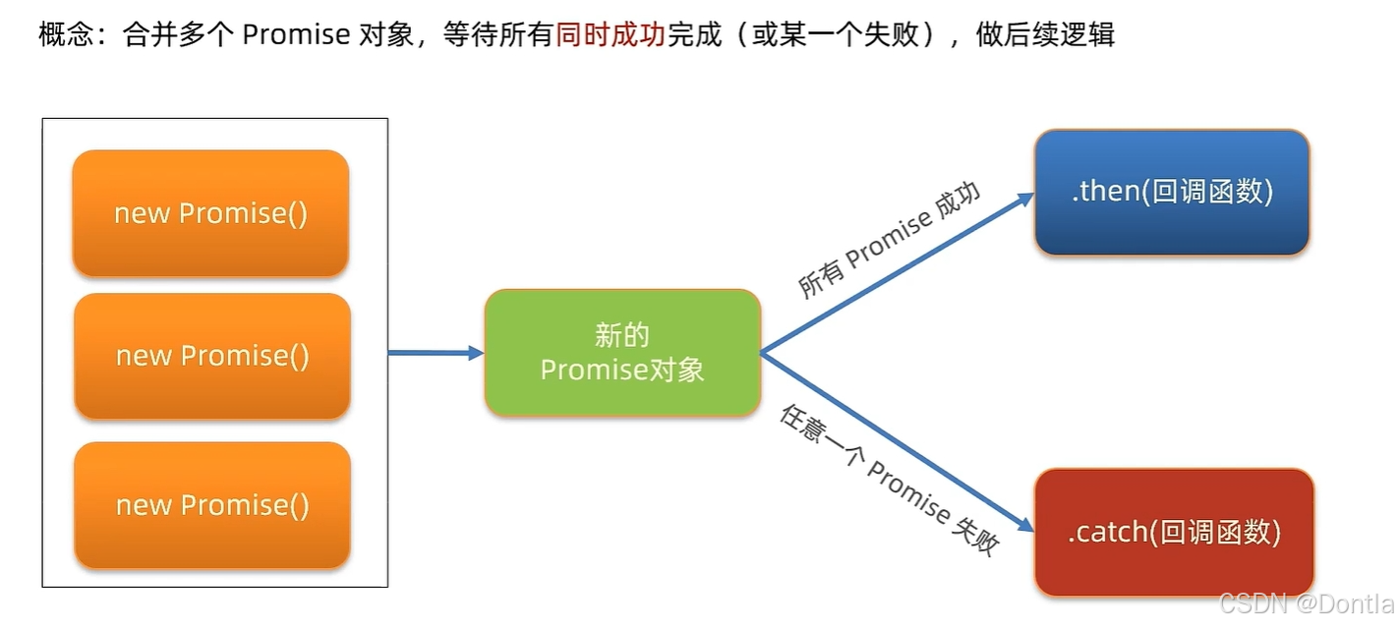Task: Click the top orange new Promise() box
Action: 210,213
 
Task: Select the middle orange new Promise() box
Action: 212,356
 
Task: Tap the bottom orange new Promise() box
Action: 212,505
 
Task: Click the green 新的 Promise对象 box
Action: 622,352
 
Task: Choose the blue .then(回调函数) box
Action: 1172,192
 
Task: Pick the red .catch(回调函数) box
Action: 1174,533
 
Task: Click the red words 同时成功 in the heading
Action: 610,36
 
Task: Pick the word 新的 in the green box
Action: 622,335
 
